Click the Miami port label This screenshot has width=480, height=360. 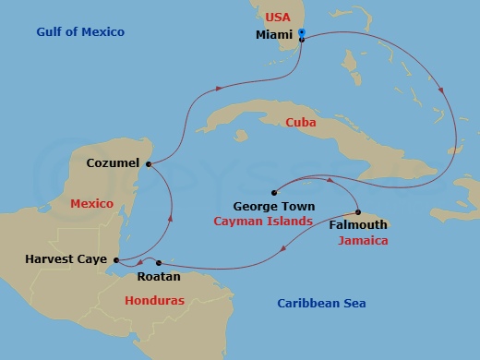(273, 36)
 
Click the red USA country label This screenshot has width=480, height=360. (278, 18)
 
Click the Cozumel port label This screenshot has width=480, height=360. (113, 163)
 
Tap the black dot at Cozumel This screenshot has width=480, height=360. (148, 164)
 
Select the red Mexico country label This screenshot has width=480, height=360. (91, 203)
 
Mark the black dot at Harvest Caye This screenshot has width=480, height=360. (117, 259)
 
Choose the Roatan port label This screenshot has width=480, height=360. (151, 275)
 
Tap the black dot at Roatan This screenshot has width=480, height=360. (159, 261)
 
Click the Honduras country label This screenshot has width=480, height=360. (155, 300)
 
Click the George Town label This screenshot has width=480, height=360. (274, 207)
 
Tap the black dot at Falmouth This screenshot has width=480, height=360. (358, 212)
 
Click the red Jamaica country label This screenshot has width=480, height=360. (362, 240)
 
